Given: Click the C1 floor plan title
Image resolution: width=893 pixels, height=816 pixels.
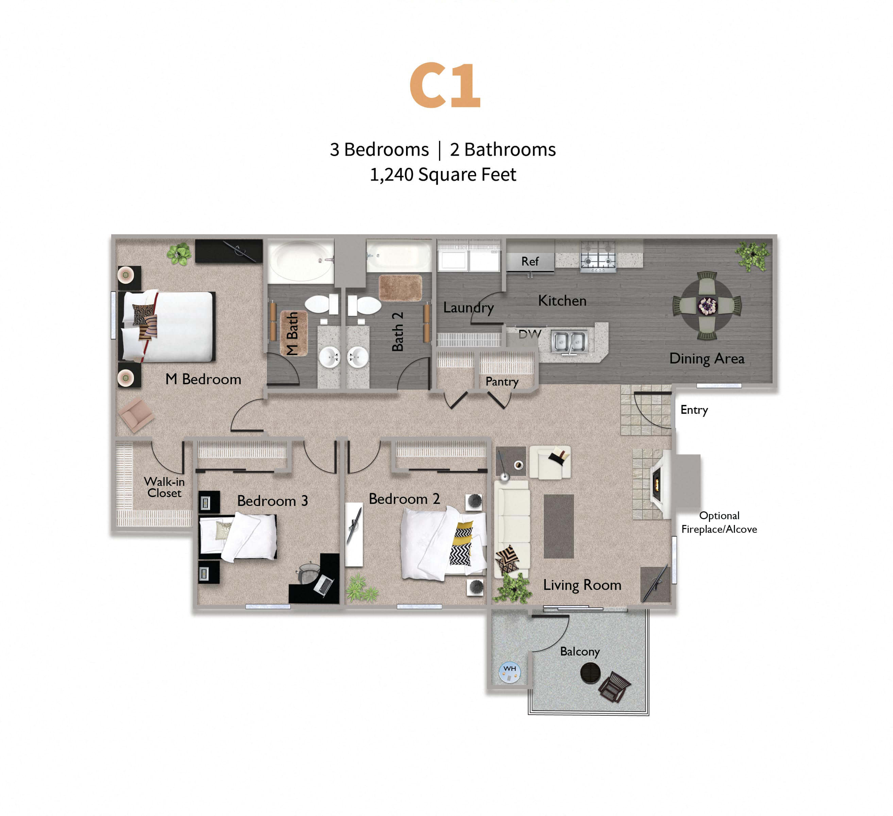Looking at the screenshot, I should coord(445,85).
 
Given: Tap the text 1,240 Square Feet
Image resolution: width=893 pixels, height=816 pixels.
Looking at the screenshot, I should coord(443,174).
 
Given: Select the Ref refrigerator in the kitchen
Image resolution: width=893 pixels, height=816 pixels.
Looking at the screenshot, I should coord(530,261).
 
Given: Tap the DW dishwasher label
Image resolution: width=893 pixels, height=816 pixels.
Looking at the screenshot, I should coord(529,335).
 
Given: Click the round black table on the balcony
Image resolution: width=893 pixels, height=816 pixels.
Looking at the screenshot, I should coord(590,673).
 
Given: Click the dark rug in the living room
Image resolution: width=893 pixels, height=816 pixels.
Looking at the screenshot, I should coord(559,526).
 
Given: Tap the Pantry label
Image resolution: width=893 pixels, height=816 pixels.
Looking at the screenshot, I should coord(502,381).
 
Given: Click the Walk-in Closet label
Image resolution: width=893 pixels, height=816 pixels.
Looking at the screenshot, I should coord(164,487).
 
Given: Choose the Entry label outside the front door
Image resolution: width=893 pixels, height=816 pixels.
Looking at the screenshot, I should coord(694,410).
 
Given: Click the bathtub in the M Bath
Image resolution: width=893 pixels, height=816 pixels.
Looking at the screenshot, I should coord(300,260).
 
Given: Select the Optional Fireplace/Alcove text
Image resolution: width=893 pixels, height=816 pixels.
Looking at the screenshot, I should coord(719,522).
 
